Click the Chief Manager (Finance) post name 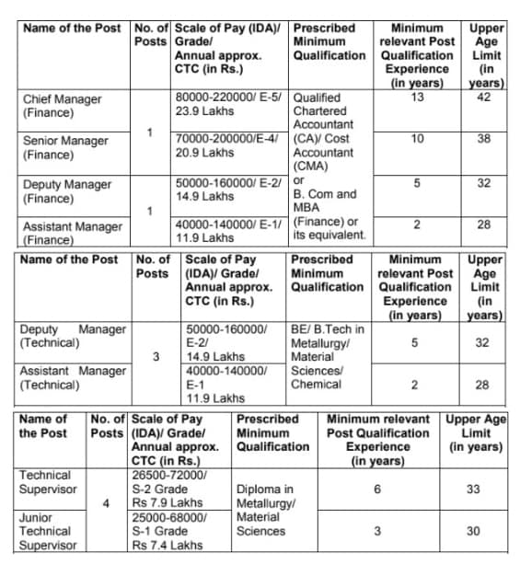[x=62, y=106]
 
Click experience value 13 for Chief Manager [x=417, y=98]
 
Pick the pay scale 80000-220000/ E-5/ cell [x=230, y=105]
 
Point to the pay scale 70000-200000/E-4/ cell [x=230, y=148]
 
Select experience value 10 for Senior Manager [x=417, y=140]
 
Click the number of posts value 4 [x=107, y=503]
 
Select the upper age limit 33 [x=473, y=489]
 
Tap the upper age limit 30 [x=473, y=531]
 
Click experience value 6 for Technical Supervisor [x=377, y=489]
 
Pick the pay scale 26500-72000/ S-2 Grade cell [x=179, y=489]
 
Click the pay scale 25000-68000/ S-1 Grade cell [x=179, y=531]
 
